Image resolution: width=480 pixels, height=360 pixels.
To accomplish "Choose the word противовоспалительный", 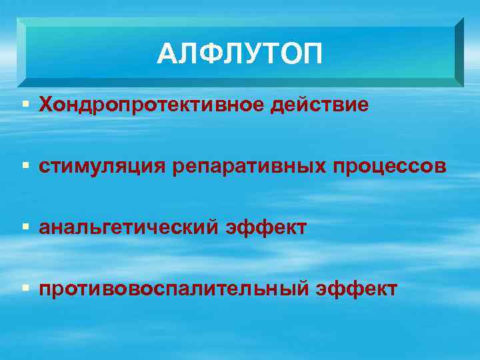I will click(x=173, y=289).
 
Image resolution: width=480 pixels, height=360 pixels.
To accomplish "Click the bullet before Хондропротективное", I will click(x=25, y=105).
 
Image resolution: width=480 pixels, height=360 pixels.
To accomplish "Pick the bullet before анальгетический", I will click(x=25, y=228).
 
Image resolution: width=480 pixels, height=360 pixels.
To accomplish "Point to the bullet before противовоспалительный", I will click(x=25, y=289).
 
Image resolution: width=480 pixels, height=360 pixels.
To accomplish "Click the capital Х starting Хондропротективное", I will click(x=45, y=105).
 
